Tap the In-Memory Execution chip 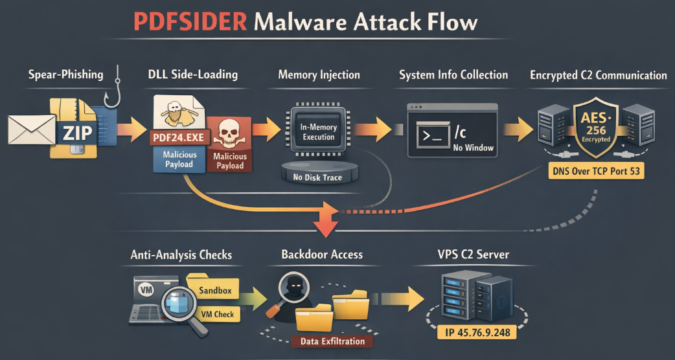coord(319,131)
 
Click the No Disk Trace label coord(319,177)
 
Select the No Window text coord(474,148)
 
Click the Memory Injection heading coord(319,74)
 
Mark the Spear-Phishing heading coord(65,74)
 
